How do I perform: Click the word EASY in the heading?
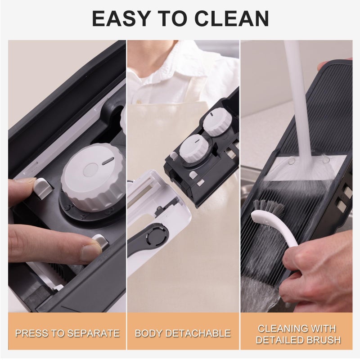click(x=121, y=18)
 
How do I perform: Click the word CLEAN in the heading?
click(x=232, y=18)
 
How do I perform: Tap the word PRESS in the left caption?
click(x=29, y=333)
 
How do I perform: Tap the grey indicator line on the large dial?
click(x=108, y=161)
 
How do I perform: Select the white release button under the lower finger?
click(x=101, y=242)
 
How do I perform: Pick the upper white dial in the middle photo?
click(x=217, y=121)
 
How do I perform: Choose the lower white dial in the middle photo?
click(x=194, y=148)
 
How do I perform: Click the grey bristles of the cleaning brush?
click(x=268, y=207)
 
